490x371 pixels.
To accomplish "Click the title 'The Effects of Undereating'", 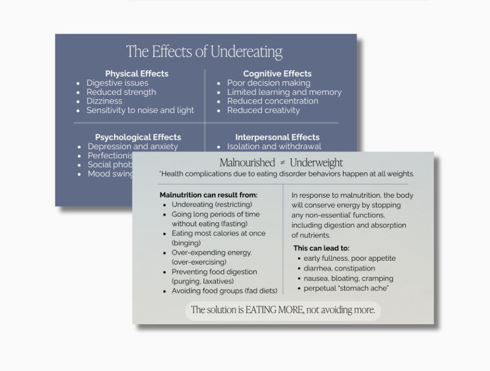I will (204, 51).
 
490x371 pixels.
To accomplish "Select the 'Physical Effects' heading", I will (137, 73).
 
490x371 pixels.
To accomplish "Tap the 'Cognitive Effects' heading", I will (277, 73).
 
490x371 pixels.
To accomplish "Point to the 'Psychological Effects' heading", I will (138, 137).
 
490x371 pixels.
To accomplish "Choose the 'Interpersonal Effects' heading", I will (277, 137).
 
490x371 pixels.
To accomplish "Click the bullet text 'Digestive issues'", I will (117, 83).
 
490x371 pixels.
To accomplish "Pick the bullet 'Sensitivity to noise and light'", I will (140, 110).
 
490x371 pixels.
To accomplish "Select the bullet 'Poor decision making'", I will (268, 83).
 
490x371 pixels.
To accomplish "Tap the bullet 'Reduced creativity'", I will (263, 110).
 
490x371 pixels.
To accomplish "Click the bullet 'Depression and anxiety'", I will (133, 147).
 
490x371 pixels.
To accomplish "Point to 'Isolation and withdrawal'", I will (274, 147).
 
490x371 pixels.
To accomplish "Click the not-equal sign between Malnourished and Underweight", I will (282, 163).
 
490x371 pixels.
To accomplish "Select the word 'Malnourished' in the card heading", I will (247, 163).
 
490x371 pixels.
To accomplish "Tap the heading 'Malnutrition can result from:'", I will (208, 195).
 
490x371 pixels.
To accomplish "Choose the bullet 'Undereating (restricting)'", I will (212, 204).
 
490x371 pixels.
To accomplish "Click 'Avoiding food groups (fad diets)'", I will (224, 291).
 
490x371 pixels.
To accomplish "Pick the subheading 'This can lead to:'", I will (321, 248).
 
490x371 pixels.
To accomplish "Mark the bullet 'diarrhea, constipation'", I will (339, 268).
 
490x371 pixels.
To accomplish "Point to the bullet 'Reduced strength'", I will (121, 92).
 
